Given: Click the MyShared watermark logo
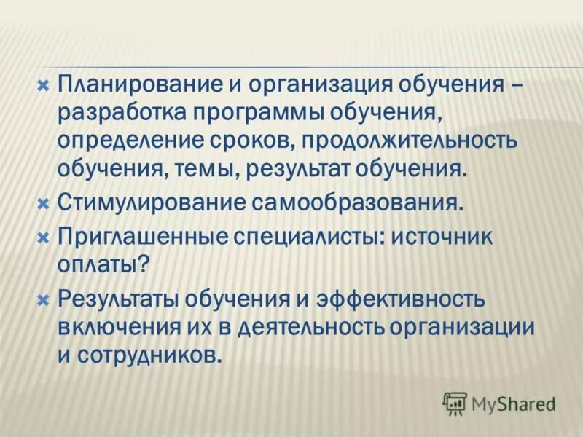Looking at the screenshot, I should [x=499, y=402].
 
